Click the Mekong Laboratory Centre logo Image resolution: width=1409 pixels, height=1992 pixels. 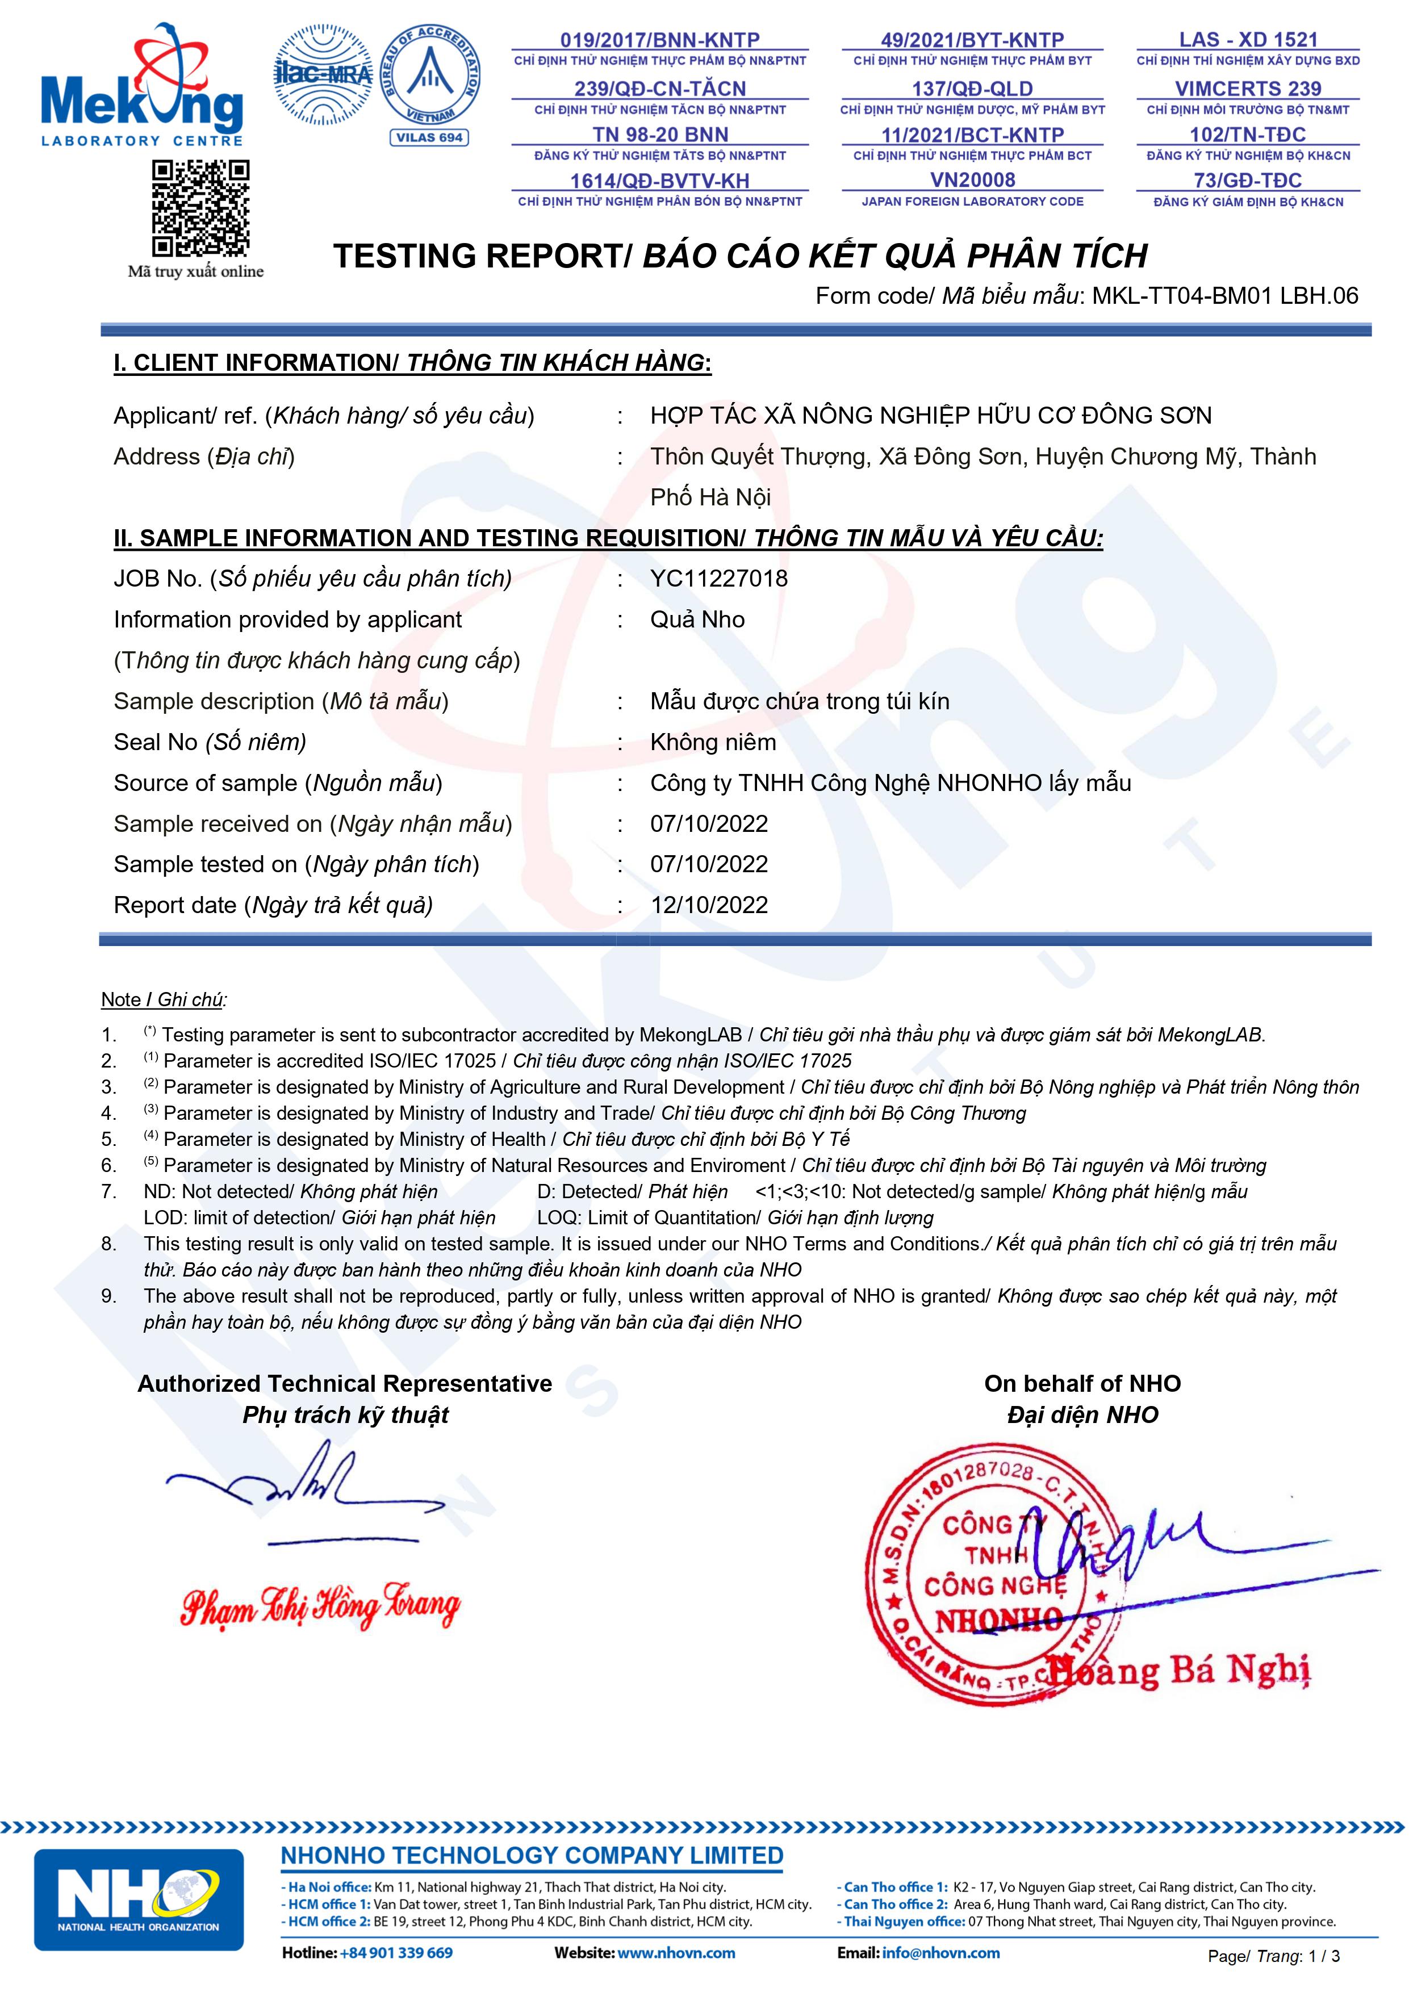pyautogui.click(x=141, y=87)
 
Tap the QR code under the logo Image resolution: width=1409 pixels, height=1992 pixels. pyautogui.click(x=201, y=208)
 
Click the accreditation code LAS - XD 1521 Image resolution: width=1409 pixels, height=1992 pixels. pyautogui.click(x=1248, y=40)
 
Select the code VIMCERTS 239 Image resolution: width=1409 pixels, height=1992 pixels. pyautogui.click(x=1248, y=89)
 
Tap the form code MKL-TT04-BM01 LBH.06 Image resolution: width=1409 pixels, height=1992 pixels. pyautogui.click(x=1224, y=296)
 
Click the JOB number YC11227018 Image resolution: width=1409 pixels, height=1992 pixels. pyautogui.click(x=719, y=579)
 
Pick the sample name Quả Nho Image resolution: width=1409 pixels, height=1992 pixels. pyautogui.click(x=697, y=620)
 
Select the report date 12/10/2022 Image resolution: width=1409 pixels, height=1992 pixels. pyautogui.click(x=709, y=905)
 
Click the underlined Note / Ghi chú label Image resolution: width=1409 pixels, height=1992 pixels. pyautogui.click(x=163, y=999)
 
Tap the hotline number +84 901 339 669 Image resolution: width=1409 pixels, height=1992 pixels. pyautogui.click(x=396, y=1953)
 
